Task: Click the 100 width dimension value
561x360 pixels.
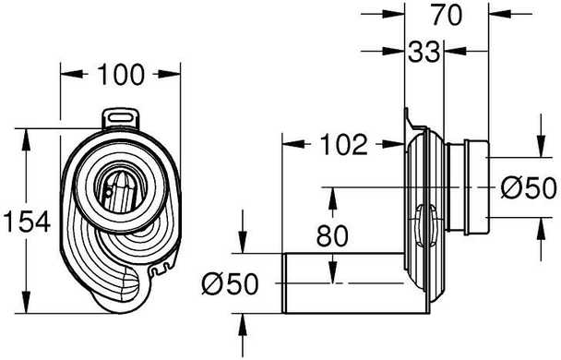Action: [121, 75]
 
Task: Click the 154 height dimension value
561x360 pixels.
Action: [27, 222]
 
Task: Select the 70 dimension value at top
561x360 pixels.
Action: [447, 15]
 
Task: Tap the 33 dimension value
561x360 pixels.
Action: [424, 52]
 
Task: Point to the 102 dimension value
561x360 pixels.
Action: [343, 145]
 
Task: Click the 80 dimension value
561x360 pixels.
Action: [332, 235]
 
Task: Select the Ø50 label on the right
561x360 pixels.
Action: [529, 188]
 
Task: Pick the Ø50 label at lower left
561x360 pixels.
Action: [230, 284]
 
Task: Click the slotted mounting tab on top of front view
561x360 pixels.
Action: [121, 118]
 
